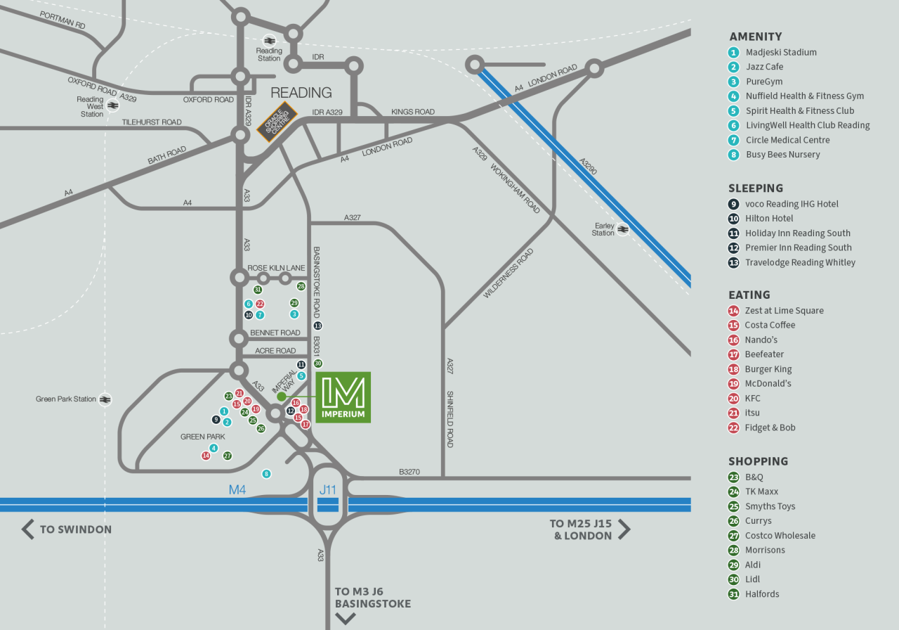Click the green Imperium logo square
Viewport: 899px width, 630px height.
tap(343, 397)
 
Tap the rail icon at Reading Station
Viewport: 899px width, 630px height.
tap(269, 40)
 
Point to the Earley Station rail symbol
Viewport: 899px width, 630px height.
tap(623, 229)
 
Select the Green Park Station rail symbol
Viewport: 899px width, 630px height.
tap(105, 399)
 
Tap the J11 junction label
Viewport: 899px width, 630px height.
tap(328, 489)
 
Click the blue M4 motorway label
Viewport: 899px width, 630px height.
tap(237, 489)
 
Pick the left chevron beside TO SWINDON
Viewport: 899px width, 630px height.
tap(28, 529)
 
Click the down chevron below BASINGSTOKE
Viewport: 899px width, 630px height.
tap(346, 619)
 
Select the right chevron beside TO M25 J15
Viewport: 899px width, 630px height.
tap(624, 529)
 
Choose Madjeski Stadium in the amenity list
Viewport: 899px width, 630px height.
tap(781, 52)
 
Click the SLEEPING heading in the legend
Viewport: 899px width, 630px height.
tap(756, 188)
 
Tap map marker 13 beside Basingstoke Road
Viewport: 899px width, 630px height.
tap(317, 326)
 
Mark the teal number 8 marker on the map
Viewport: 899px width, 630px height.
tap(266, 474)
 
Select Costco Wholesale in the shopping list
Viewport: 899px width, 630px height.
tap(780, 536)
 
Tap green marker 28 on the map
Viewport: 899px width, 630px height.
tap(301, 286)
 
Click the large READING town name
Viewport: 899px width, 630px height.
tap(301, 92)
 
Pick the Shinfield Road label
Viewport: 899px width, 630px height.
tap(449, 419)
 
